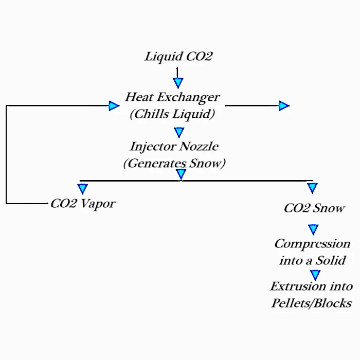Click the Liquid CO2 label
(178, 56)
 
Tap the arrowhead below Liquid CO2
(178, 82)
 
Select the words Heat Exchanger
(172, 97)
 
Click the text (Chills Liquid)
(172, 114)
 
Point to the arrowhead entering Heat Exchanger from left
(114, 106)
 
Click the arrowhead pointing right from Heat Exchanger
(284, 106)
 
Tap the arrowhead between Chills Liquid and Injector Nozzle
(178, 133)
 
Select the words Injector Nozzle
(174, 146)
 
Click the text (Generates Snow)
(174, 164)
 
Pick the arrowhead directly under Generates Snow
(181, 174)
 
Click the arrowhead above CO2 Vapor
(82, 189)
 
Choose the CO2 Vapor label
(82, 204)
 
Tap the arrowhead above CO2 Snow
(312, 188)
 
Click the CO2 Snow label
(314, 208)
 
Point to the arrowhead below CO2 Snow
(313, 229)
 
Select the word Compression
(312, 243)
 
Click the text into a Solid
(312, 260)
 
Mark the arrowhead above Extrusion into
(315, 275)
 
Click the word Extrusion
(295, 286)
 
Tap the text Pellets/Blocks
(312, 302)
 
